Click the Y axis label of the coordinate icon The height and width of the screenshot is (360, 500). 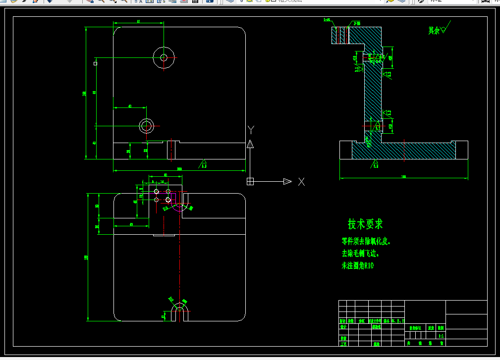pos(251,130)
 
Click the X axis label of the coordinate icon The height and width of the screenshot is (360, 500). pos(301,182)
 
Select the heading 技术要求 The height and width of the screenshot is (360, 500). pos(365,224)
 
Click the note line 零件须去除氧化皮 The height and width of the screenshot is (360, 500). pos(366,242)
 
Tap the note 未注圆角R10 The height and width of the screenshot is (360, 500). pos(357,266)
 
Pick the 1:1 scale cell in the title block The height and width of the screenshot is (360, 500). pos(441,335)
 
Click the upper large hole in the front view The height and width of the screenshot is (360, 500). pos(164,57)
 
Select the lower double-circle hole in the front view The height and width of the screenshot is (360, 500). pos(146,126)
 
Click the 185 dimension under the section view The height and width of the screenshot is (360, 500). pos(403,176)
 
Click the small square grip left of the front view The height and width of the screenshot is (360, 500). pos(96,63)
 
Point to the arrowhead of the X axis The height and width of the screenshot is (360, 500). pos(287,182)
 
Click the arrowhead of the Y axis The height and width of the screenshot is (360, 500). pos(250,144)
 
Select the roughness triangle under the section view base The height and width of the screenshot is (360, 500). pos(375,162)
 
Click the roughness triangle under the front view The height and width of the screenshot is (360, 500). pos(203,162)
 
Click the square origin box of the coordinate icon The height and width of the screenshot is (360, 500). pos(250,182)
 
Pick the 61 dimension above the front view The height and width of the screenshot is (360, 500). pos(138,21)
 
